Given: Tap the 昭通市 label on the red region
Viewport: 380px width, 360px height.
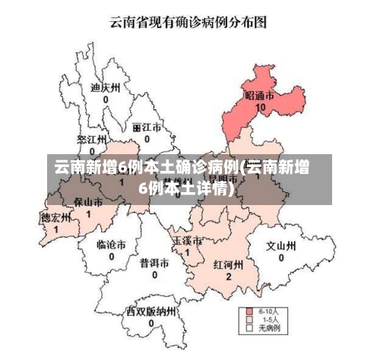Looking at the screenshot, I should pyautogui.click(x=260, y=96).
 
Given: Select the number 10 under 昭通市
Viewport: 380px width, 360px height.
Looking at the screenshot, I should pyautogui.click(x=261, y=108).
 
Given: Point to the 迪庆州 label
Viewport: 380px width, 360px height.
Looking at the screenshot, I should pyautogui.click(x=106, y=87).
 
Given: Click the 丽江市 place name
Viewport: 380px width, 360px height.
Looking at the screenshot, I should pyautogui.click(x=147, y=128).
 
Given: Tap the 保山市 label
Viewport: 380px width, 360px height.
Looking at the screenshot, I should pyautogui.click(x=87, y=202).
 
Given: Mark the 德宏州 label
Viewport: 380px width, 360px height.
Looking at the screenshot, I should pyautogui.click(x=55, y=217).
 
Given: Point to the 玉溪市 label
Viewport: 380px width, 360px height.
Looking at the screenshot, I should pyautogui.click(x=188, y=241).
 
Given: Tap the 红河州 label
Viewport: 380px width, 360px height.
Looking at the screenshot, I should pyautogui.click(x=228, y=265).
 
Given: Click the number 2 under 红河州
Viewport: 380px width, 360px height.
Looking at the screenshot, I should pyautogui.click(x=228, y=277).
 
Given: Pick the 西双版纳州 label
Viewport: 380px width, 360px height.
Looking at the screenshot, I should pyautogui.click(x=152, y=311).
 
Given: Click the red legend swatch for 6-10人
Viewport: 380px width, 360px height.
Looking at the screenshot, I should pyautogui.click(x=249, y=311).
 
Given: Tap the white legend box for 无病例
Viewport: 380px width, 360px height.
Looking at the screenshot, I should pyautogui.click(x=249, y=329).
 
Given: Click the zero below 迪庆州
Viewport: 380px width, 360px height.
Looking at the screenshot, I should pyautogui.click(x=106, y=99).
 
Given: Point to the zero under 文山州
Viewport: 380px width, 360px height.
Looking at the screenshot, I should pyautogui.click(x=280, y=257).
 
